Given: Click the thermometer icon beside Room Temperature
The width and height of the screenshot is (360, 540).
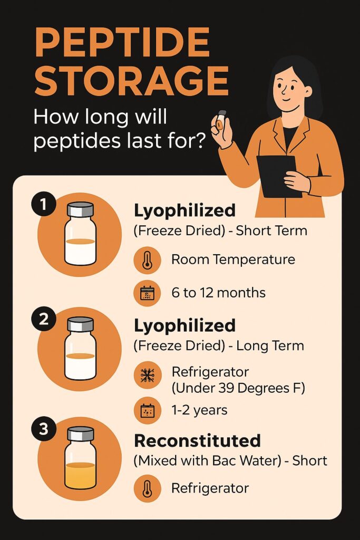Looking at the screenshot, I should [147, 260].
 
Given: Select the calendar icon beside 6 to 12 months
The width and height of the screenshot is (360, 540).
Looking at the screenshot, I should [147, 293].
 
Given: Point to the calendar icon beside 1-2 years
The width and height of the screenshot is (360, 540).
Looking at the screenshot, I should [147, 410].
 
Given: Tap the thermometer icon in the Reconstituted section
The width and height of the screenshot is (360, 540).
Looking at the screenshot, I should [147, 488].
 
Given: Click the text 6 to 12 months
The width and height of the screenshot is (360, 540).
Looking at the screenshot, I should [218, 293].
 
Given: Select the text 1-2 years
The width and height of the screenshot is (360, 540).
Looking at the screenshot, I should [199, 410].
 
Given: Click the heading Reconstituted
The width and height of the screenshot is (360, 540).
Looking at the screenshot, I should [197, 441].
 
